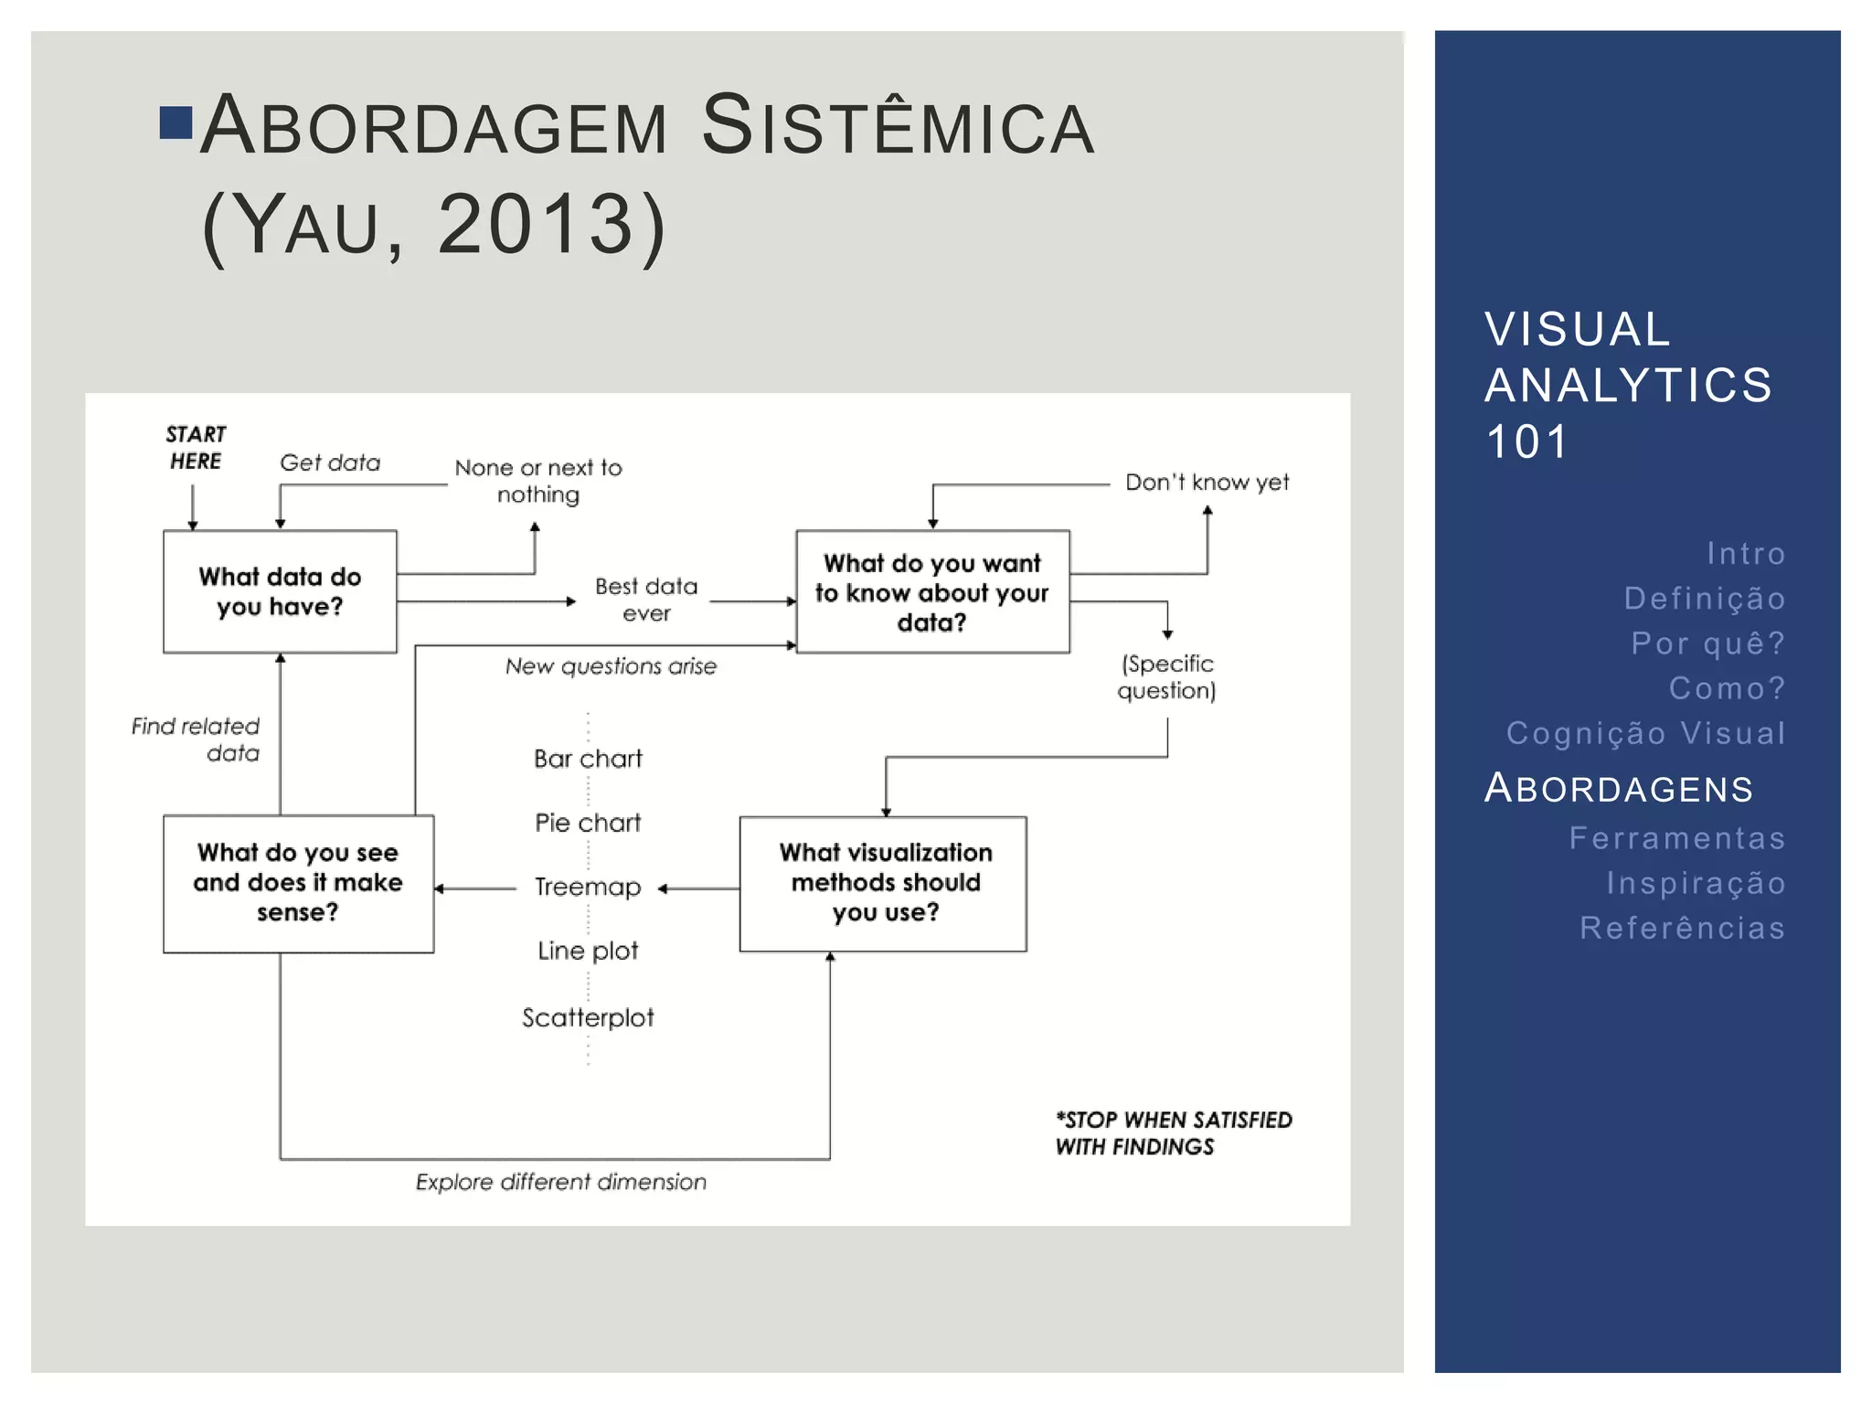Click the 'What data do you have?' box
(x=280, y=591)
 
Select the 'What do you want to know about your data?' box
(x=932, y=591)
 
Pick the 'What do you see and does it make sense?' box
(x=298, y=883)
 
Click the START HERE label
(x=196, y=447)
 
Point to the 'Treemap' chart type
(x=588, y=887)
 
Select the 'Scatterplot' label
(x=588, y=1017)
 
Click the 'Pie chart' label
(x=588, y=823)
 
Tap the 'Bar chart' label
(x=588, y=759)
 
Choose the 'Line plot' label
(x=588, y=951)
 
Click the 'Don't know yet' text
(x=1207, y=482)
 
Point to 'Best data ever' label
(x=646, y=599)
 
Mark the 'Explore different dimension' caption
(x=561, y=1182)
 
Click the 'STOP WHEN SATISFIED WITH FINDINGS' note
(x=1173, y=1133)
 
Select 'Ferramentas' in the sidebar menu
(x=1677, y=838)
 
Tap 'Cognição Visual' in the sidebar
(x=1645, y=733)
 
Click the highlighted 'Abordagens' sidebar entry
(x=1619, y=788)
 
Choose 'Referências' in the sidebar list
(x=1682, y=928)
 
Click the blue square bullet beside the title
(x=175, y=123)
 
